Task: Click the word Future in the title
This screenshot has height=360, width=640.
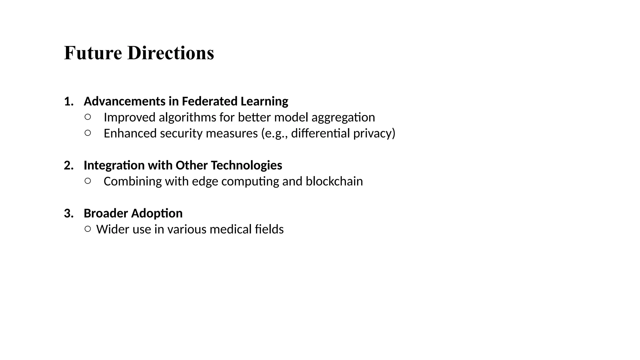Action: (x=93, y=53)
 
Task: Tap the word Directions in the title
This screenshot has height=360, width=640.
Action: (x=171, y=53)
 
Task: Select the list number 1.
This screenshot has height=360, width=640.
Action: (x=68, y=102)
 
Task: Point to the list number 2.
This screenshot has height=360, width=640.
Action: (x=68, y=165)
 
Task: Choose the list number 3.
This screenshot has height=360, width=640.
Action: (x=68, y=213)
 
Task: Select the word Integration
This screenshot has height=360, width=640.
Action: (x=114, y=165)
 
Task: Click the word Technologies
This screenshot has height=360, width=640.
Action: (x=246, y=165)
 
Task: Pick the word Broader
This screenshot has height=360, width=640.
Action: (x=106, y=213)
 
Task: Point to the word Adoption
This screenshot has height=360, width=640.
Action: (x=157, y=213)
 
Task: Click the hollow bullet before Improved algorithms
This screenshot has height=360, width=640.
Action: (x=88, y=117)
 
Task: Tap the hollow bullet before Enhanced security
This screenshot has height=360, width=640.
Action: (x=88, y=133)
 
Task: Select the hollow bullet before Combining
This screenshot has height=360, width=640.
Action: (x=88, y=181)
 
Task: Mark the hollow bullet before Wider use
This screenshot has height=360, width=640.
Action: (x=88, y=229)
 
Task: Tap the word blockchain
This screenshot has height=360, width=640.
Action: (x=334, y=181)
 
